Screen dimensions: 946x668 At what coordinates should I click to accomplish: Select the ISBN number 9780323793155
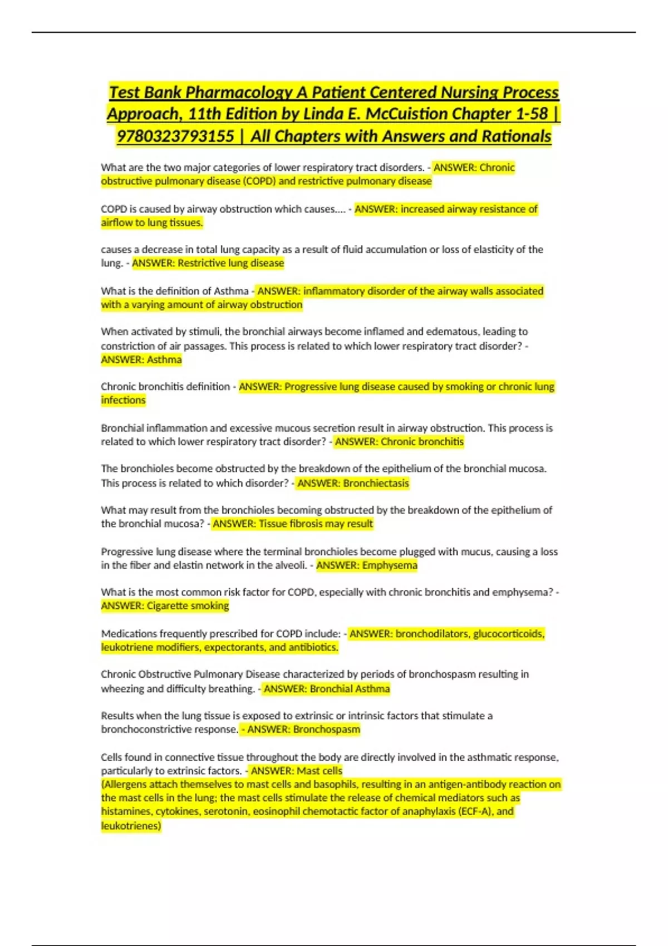click(x=175, y=136)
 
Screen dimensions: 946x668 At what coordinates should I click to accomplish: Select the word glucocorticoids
click(x=509, y=634)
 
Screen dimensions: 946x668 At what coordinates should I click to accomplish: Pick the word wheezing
click(x=121, y=689)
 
